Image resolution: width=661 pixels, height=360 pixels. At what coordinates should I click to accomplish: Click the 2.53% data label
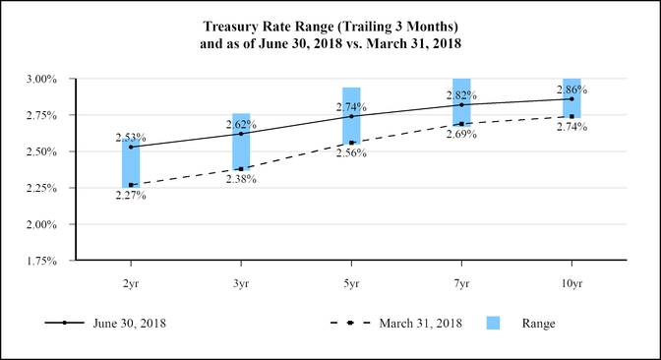click(131, 136)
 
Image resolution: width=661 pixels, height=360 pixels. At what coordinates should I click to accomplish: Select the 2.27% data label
click(131, 195)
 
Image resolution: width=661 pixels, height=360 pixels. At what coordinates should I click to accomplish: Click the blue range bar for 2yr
click(131, 163)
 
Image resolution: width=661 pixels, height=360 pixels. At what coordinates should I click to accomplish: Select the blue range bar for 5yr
click(351, 116)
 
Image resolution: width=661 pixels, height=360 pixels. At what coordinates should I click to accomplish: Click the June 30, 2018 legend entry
click(129, 323)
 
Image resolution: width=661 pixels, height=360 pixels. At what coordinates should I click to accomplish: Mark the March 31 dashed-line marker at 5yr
click(351, 143)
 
